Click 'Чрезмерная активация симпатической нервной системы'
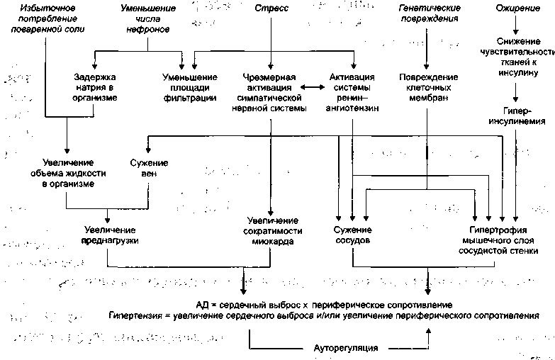(x=269, y=92)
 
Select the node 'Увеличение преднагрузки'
(x=110, y=236)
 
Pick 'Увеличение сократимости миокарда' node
(x=273, y=231)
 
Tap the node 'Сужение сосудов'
(x=352, y=236)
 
